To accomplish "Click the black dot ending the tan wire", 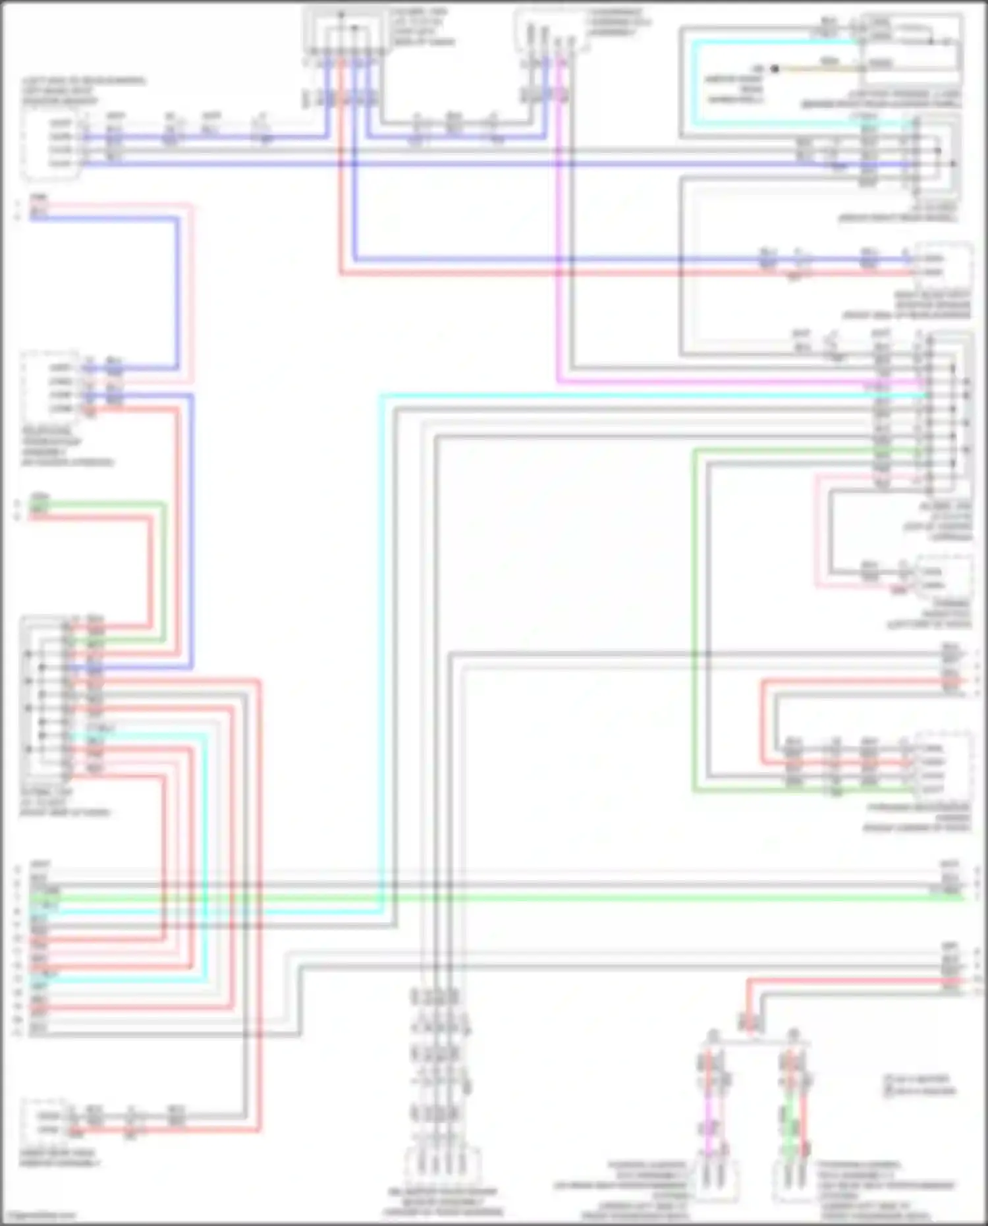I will point(775,69).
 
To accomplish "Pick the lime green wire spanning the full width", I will point(501,898).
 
